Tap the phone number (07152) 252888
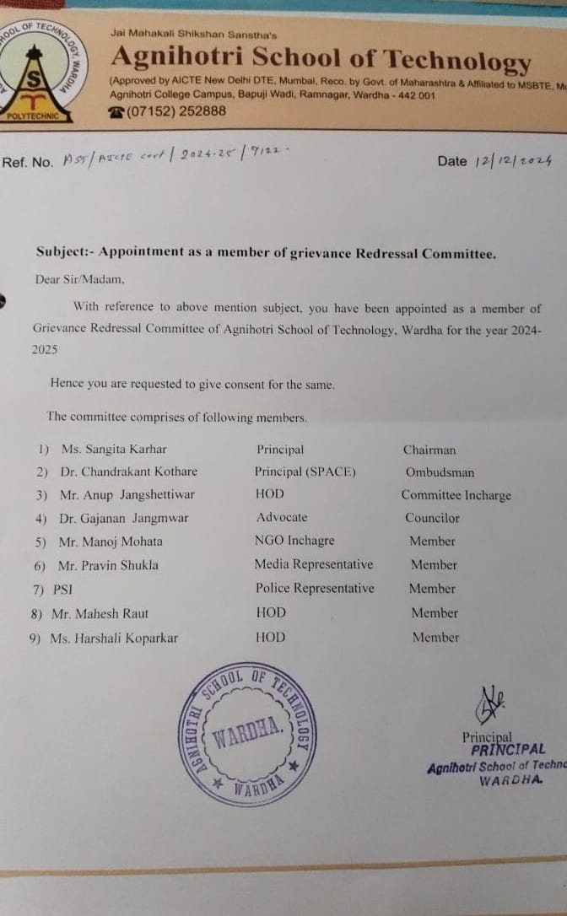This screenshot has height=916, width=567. (x=168, y=110)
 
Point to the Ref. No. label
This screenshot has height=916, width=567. (x=27, y=163)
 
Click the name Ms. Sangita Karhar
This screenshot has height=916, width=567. (x=113, y=450)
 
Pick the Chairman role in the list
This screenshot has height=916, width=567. (x=429, y=450)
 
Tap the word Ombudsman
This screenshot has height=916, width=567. (x=440, y=473)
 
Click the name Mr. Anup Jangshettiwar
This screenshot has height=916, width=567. (x=127, y=495)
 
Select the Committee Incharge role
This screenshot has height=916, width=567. (x=456, y=496)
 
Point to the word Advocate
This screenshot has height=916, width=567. (x=282, y=517)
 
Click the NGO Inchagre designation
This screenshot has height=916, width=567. (x=294, y=541)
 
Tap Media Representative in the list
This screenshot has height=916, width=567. (x=314, y=564)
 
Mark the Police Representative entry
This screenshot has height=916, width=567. (x=315, y=588)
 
